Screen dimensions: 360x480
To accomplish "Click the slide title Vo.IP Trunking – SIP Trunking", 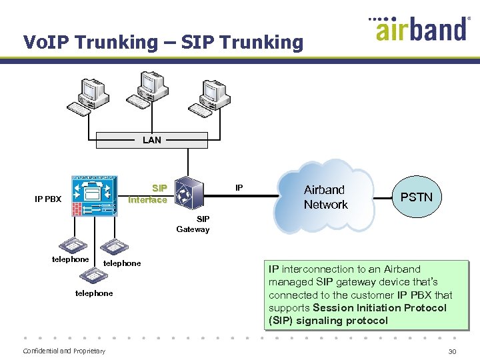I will [x=163, y=43].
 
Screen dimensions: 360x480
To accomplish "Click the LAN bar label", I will [x=151, y=140].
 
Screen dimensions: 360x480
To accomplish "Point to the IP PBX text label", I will [x=48, y=199].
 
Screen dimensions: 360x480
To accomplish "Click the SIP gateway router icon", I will [x=189, y=194].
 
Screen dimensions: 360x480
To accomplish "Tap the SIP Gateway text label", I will [x=193, y=224].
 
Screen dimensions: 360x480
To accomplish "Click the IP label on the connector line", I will [x=240, y=189].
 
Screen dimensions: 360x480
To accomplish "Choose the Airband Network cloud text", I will [x=325, y=197].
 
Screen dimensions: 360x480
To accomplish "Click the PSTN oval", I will [x=416, y=197].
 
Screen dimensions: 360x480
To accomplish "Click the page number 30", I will [x=453, y=351].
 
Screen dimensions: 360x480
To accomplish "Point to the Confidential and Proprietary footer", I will [x=64, y=351].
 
